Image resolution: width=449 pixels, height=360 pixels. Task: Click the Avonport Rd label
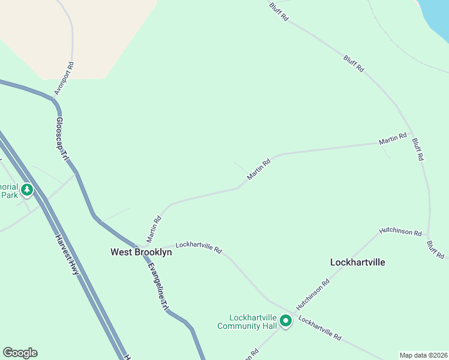(x=64, y=79)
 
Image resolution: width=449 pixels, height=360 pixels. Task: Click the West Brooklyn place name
(x=141, y=253)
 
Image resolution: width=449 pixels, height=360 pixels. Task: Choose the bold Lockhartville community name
(x=358, y=262)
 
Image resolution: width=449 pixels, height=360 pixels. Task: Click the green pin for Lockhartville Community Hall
(x=286, y=322)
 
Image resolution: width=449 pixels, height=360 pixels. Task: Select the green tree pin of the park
(x=26, y=190)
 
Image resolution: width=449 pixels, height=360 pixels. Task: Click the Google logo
(x=20, y=353)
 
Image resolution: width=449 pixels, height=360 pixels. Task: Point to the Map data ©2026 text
(x=423, y=355)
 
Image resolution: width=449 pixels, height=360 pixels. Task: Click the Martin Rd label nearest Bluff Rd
(x=393, y=139)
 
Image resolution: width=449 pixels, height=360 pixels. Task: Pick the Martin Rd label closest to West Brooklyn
(x=154, y=229)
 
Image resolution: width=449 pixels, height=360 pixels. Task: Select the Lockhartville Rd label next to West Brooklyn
(x=199, y=247)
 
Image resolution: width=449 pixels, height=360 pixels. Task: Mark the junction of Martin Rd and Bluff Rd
(x=417, y=142)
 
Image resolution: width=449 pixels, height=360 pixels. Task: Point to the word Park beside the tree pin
(x=9, y=195)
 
